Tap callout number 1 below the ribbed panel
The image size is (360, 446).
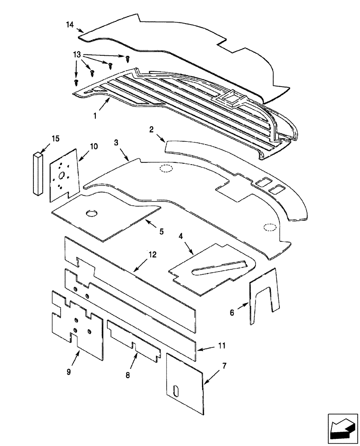95,116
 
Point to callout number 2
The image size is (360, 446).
151,130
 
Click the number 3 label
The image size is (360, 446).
116,142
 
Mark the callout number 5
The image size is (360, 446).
162,231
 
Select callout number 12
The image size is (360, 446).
152,255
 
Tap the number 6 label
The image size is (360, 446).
232,313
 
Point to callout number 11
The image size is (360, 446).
222,346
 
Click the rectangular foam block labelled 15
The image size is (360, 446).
38,173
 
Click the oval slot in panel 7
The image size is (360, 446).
177,389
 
